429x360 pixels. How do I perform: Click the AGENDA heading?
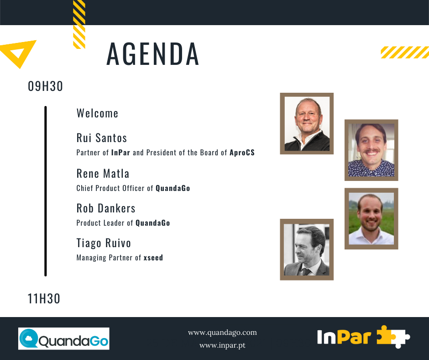click(153, 54)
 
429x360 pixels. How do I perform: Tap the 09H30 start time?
click(46, 86)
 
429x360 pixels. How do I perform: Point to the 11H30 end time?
click(44, 299)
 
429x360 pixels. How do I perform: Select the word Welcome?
click(97, 113)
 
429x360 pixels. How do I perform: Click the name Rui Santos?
click(102, 138)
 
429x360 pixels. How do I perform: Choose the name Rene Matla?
click(103, 174)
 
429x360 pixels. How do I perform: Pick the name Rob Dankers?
click(106, 208)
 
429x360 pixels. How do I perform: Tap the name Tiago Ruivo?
click(104, 244)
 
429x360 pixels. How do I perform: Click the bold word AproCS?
click(242, 153)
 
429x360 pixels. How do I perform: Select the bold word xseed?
click(153, 258)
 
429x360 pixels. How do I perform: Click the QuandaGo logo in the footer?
click(64, 339)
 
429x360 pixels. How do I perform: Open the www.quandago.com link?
click(222, 333)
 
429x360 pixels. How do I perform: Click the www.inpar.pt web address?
click(222, 345)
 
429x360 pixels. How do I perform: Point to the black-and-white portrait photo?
click(307, 249)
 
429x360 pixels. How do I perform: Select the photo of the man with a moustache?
click(371, 150)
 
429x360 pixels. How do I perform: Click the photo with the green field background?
click(371, 219)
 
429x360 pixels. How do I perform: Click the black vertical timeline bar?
click(46, 191)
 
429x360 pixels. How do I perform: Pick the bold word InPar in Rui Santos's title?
click(120, 153)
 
